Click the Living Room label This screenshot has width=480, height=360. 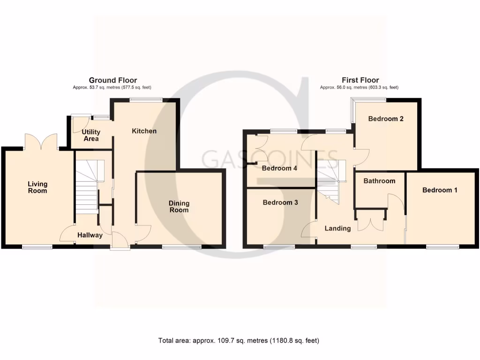[37, 187]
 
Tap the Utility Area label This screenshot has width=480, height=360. [91, 135]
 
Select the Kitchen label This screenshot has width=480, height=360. [144, 131]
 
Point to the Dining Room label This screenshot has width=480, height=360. [179, 207]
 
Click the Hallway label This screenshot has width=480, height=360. [90, 235]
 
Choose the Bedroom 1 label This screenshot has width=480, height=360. [440, 190]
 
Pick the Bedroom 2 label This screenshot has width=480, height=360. [386, 119]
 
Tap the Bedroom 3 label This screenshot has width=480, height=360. [280, 203]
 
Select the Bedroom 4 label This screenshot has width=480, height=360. [280, 168]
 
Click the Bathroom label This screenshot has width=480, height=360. [379, 181]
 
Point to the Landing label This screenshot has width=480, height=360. [337, 229]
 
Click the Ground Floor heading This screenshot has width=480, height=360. [113, 81]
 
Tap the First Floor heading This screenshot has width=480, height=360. [360, 81]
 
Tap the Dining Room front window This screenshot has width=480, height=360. [182, 247]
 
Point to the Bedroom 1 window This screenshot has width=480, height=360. [442, 247]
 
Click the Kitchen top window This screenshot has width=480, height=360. [146, 99]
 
